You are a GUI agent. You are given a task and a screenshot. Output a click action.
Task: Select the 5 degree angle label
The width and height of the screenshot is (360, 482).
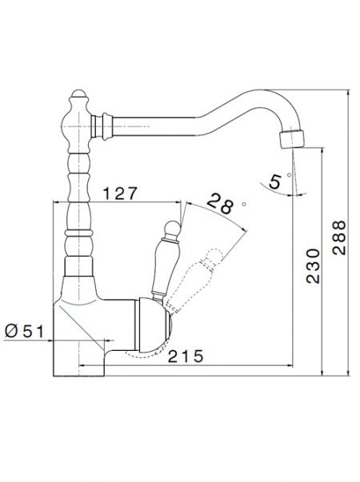[274, 182]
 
